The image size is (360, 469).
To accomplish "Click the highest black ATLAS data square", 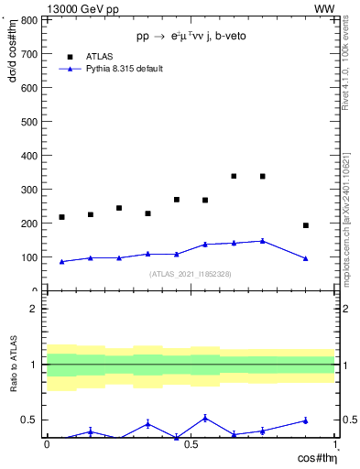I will [x=235, y=176].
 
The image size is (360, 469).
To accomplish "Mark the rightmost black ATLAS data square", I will [x=306, y=225].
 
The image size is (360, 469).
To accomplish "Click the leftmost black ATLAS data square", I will [x=61, y=217].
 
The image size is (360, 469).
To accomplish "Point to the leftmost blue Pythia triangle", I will [x=61, y=261].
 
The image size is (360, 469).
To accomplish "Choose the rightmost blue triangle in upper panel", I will [x=306, y=258].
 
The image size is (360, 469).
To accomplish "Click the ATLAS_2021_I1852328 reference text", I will [x=191, y=274].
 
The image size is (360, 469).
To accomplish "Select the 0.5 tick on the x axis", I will [x=191, y=444].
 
